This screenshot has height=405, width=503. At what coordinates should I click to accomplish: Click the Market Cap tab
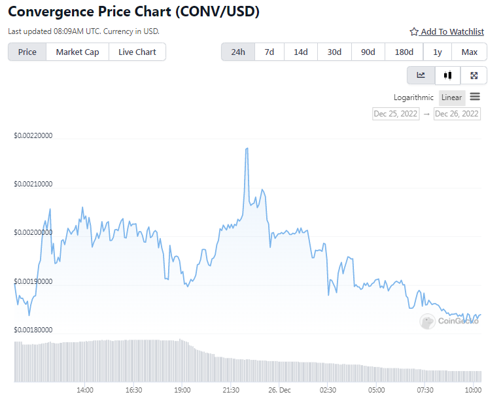pos(77,52)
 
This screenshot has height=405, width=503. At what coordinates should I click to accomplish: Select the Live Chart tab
pos(137,52)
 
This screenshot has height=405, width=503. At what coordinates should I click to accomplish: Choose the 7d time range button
pos(269,52)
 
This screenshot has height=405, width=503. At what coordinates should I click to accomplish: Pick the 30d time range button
pos(334,52)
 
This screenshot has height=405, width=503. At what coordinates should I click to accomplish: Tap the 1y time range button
pos(437,52)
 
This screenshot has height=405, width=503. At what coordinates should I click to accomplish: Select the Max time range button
pos(469,52)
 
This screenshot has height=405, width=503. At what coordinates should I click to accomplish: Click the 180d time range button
pos(404,52)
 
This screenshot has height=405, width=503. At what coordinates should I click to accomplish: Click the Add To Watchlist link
pos(447,31)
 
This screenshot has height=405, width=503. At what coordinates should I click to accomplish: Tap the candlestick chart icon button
pos(447,75)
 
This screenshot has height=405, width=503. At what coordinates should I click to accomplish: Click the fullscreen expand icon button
pos(474,75)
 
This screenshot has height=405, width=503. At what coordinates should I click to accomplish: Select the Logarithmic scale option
pos(413,97)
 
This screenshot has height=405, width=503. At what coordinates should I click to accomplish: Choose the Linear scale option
pos(451,97)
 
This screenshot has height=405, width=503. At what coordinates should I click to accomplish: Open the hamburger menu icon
pos(475,97)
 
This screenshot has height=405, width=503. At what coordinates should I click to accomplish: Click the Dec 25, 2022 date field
pos(395,114)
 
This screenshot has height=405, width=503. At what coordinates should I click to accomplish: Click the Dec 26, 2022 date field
pos(457,114)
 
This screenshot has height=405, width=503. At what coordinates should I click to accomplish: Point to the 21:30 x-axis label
pos(230,390)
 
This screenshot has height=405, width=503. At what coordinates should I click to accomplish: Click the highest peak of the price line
pos(247,149)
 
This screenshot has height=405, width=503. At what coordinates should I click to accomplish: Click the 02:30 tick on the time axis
pos(328,390)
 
